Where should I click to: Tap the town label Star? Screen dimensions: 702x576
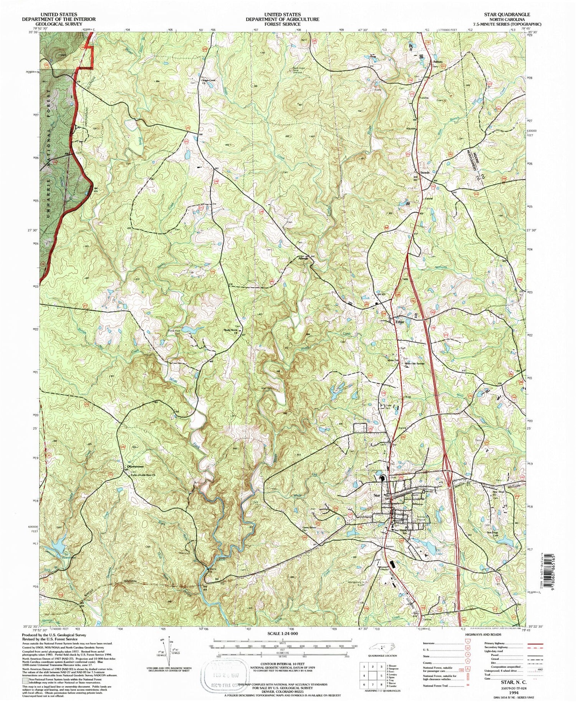click(x=377, y=495)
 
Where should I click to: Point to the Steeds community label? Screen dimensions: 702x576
click(x=424, y=173)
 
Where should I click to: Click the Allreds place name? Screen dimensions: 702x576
click(x=303, y=259)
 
